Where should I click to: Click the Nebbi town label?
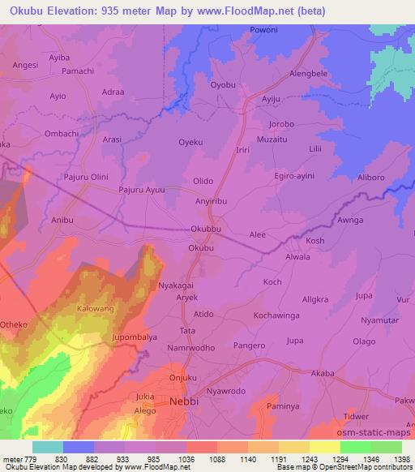(x=185, y=401)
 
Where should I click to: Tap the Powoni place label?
(x=263, y=33)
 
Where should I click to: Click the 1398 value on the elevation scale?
(x=401, y=460)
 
